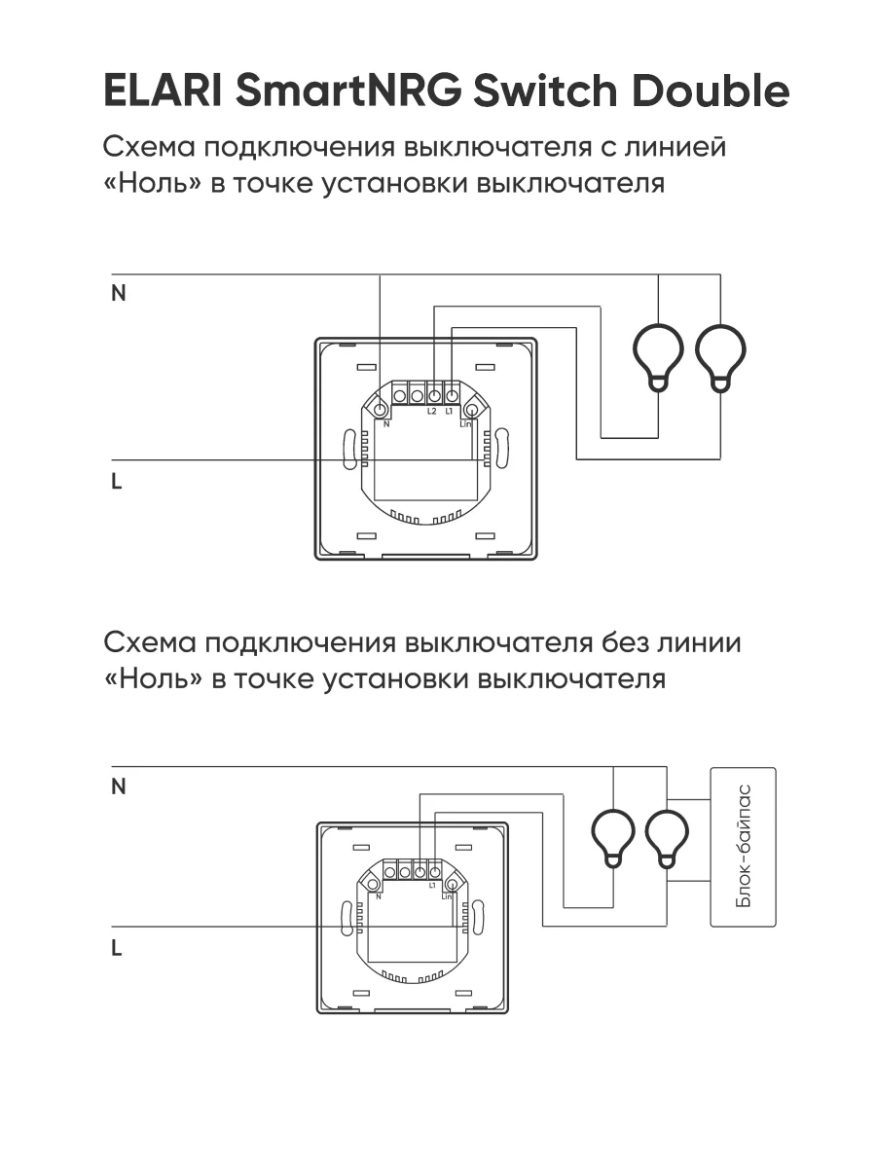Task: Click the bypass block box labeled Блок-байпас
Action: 744,847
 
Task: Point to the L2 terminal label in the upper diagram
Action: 432,411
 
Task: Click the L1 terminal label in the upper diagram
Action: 449,411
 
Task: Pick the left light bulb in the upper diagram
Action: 659,355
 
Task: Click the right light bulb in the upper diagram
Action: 720,355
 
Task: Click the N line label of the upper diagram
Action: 119,294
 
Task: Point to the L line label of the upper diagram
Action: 117,482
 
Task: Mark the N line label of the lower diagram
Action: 119,787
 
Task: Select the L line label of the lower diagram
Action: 117,948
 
